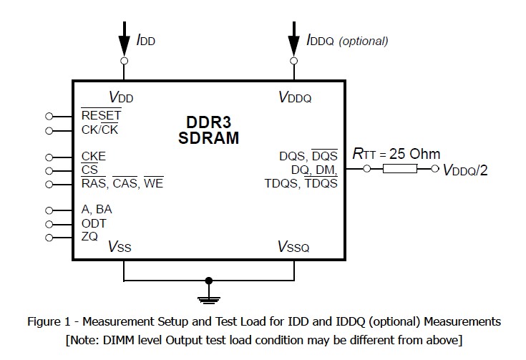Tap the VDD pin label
coord(121,97)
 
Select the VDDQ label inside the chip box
coord(295,97)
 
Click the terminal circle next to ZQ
coord(49,238)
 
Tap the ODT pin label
coord(94,223)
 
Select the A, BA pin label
coord(97,210)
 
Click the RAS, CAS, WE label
coord(122,184)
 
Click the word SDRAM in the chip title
coord(208,138)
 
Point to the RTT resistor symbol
coord(400,170)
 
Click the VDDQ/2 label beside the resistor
coord(465,170)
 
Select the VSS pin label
coord(120,247)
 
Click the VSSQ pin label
coord(293,247)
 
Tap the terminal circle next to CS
coord(49,170)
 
